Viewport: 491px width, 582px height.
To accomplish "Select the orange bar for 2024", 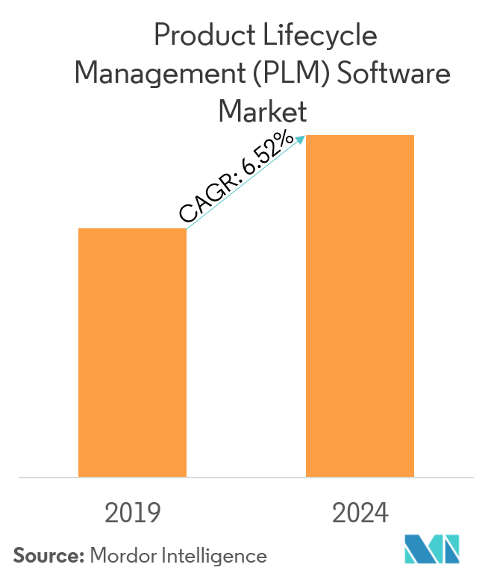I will coord(360,306).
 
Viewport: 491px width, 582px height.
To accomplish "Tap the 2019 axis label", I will coord(133,513).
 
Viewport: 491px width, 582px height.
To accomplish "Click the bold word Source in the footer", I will coord(48,556).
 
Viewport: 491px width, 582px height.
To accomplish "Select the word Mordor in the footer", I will coord(121,556).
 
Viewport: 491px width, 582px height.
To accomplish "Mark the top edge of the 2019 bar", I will coord(132,229).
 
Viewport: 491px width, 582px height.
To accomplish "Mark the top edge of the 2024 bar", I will coord(360,136).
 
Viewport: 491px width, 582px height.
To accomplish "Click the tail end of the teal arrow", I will coord(187,228).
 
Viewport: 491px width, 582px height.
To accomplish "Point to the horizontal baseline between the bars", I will coord(246,477).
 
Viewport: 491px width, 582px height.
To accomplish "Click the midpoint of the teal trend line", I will coord(245,183).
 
